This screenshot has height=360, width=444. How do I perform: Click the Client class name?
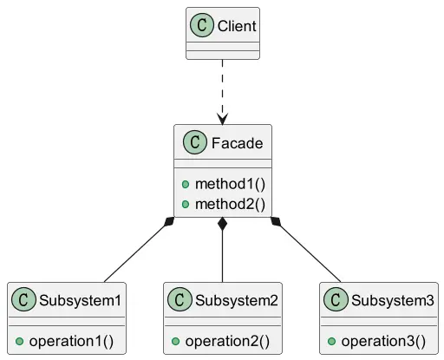237,26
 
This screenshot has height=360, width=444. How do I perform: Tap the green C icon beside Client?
202,25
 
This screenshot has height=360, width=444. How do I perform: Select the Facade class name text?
237,143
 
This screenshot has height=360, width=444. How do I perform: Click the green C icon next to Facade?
195,142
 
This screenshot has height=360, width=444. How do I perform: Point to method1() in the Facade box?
230,184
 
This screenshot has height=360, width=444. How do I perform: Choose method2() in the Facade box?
230,204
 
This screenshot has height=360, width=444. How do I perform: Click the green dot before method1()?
186,185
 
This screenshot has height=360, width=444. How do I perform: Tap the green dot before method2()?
186,205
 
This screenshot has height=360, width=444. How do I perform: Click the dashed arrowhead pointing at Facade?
222,119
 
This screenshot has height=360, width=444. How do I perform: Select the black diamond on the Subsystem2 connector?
222,224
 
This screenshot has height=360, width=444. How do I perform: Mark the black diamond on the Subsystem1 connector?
169,221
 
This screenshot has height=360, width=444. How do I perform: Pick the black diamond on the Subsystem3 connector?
276,221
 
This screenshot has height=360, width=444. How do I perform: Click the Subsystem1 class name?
80,300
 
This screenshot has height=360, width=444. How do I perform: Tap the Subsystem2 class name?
237,300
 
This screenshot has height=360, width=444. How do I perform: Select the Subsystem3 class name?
393,300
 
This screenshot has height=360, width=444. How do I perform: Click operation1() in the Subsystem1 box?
71,341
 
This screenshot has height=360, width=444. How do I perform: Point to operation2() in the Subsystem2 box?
227,341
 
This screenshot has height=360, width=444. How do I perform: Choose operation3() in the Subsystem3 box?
383,341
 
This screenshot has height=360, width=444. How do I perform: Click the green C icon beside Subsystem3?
336,299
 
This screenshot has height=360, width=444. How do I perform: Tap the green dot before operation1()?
19,342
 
